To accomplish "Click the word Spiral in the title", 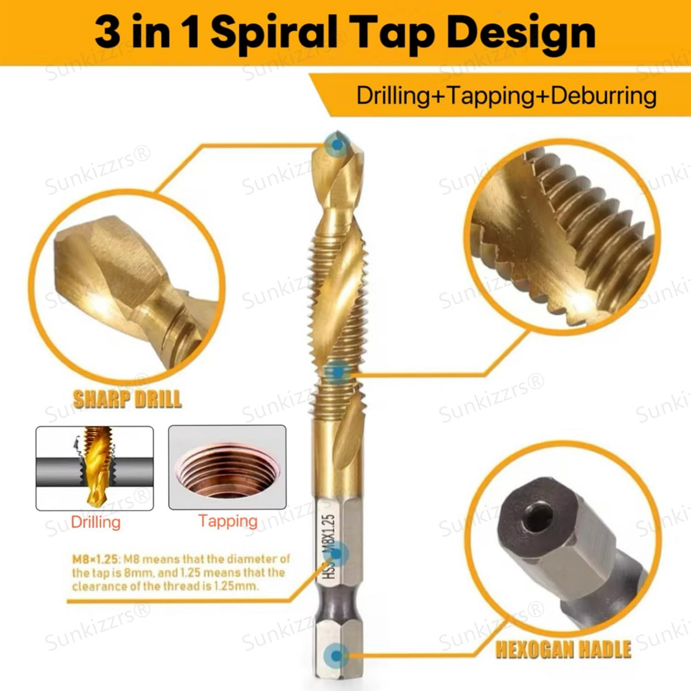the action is pyautogui.click(x=283, y=35).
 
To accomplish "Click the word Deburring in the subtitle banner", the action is pyautogui.click(x=603, y=96).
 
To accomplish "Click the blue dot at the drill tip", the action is pyautogui.click(x=337, y=145).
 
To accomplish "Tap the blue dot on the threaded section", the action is pyautogui.click(x=337, y=373).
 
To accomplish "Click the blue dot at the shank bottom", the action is pyautogui.click(x=336, y=636).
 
